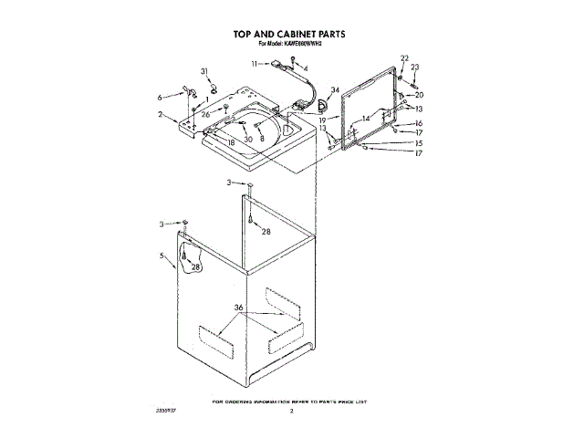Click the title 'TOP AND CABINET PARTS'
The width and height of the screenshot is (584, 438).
click(289, 33)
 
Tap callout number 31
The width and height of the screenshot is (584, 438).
click(204, 71)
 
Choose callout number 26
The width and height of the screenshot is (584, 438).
click(205, 114)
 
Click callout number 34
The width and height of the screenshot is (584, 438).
click(335, 89)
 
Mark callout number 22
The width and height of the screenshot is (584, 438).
click(405, 58)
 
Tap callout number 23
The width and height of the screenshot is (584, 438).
click(414, 68)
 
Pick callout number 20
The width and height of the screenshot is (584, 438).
click(419, 95)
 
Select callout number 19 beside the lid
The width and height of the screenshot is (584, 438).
click(322, 120)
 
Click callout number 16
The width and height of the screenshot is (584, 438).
click(419, 123)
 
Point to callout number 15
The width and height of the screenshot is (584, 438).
click(419, 143)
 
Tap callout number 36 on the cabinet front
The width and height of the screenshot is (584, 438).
click(239, 308)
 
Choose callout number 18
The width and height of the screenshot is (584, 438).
click(231, 143)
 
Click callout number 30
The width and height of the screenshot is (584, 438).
click(247, 139)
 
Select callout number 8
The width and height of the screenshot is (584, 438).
click(263, 138)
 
